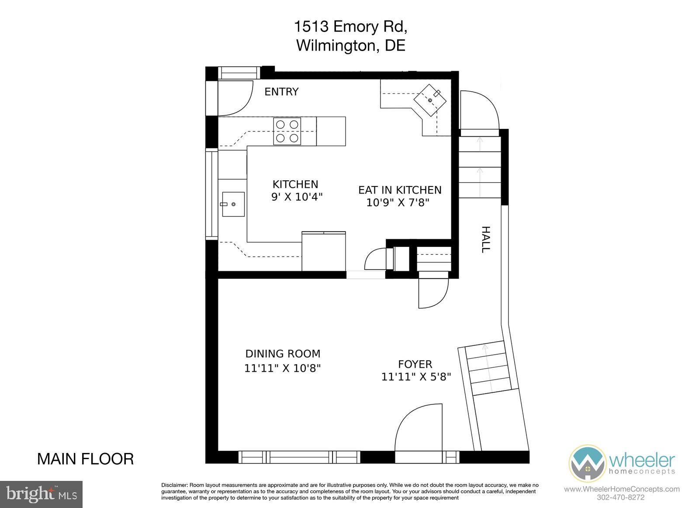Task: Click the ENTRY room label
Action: click(x=281, y=92)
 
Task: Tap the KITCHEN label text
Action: click(x=295, y=184)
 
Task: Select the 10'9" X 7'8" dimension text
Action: click(x=398, y=203)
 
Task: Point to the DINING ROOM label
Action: click(x=283, y=354)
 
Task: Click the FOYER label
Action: click(x=415, y=364)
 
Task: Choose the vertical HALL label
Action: click(x=486, y=239)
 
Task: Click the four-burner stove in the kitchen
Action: click(x=287, y=131)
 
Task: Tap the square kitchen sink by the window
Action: click(x=233, y=204)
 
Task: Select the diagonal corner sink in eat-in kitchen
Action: click(x=430, y=100)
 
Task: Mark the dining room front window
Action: click(x=300, y=457)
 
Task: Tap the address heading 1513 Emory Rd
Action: click(x=350, y=27)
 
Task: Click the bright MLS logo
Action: click(x=41, y=494)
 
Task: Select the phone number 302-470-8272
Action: click(x=621, y=498)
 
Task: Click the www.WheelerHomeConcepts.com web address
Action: click(x=622, y=489)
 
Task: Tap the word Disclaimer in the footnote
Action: click(x=174, y=485)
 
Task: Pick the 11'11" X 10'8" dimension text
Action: click(x=282, y=369)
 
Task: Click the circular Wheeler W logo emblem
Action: click(x=587, y=463)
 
